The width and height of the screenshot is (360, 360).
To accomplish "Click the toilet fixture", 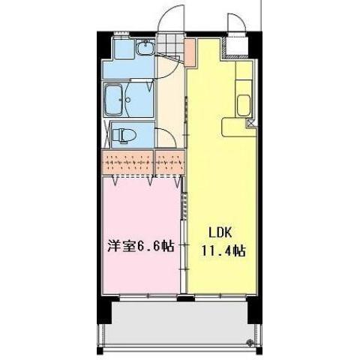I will click(126, 135).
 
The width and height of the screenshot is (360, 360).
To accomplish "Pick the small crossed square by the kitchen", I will click(250, 123).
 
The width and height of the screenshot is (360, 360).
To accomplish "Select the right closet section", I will click(169, 162).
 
